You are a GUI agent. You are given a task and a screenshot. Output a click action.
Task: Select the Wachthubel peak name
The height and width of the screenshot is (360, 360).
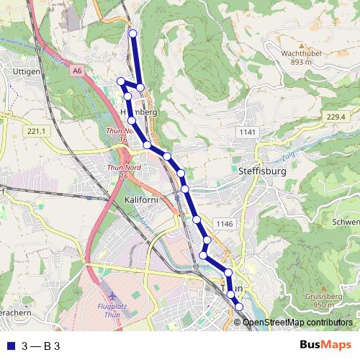pos(300,54)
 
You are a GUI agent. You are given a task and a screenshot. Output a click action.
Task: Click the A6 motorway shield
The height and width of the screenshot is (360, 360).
pos(77,71)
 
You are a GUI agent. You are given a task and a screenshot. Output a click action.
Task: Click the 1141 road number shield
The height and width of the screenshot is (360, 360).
pos(248,132)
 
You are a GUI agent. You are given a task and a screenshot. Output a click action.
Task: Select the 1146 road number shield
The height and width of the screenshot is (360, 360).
pos(225,224)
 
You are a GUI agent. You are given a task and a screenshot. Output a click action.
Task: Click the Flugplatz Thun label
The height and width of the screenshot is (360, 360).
pos(112,310)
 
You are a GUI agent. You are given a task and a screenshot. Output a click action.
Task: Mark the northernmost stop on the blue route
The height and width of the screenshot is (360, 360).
pos(132,33)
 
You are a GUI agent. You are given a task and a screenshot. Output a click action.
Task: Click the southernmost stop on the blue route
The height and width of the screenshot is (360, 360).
pos(239,308)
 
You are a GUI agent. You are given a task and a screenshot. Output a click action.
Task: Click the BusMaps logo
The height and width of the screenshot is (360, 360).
pos(325,346)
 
